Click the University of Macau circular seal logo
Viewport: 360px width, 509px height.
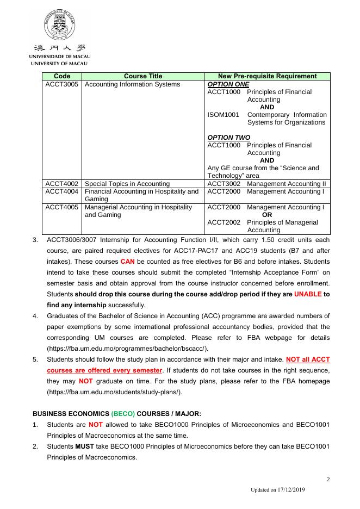coord(60,28)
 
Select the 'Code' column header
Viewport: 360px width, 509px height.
coord(63,76)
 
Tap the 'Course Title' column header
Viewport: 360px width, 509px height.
coord(143,76)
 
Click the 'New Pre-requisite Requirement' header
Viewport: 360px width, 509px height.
coord(267,76)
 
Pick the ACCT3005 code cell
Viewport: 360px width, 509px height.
coord(62,84)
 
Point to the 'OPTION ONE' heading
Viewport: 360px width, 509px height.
coord(228,84)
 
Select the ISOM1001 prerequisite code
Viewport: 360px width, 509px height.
coord(224,115)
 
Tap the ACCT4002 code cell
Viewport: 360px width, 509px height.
coord(62,184)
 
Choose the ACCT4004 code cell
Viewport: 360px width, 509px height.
coord(62,191)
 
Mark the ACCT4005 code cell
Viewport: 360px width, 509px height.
coord(62,207)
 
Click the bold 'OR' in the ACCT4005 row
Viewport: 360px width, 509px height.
coord(267,215)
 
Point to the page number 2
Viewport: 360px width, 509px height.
coord(328,479)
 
